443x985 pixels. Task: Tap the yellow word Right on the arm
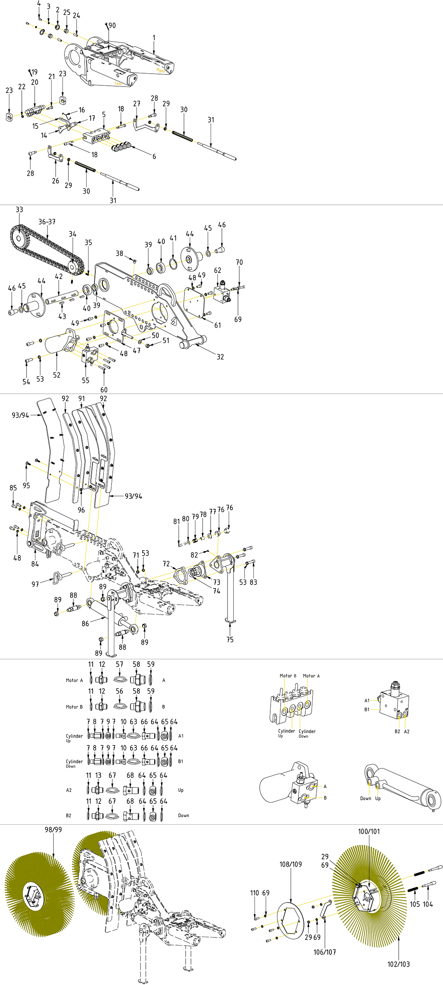point(160,70)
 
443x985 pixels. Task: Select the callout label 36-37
point(47,222)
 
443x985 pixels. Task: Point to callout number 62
point(217,270)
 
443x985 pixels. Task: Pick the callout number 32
point(220,357)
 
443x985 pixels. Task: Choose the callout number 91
point(82,399)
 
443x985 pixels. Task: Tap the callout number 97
point(35,584)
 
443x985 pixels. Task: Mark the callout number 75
point(230,640)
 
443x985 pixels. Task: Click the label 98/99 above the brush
point(53,830)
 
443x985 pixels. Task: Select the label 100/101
point(368,831)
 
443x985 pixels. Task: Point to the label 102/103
point(398,964)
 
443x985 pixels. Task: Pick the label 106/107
point(325,952)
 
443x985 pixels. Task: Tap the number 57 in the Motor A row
point(119,664)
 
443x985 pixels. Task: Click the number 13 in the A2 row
point(98,775)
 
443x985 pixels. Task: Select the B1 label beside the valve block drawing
point(367,709)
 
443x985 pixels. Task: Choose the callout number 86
point(85,624)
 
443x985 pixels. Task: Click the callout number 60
point(104,390)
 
